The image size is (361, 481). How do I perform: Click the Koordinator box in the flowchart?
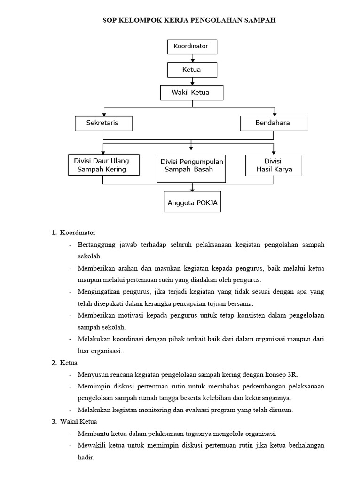point(192,47)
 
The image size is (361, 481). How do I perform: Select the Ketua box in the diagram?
point(192,70)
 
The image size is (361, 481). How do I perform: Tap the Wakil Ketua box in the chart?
point(191,93)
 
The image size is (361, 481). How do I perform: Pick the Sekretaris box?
point(103,123)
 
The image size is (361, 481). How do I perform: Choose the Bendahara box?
point(274,123)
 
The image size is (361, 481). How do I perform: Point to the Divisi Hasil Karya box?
point(274,165)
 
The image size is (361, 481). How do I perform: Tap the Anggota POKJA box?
point(192,203)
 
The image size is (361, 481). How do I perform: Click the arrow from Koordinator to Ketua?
point(192,58)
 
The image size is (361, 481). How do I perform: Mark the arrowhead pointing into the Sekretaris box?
point(104,114)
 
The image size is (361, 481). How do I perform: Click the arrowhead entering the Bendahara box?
point(275,114)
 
